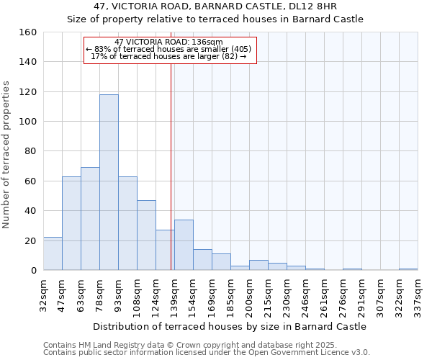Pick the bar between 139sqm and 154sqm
pos(184,245)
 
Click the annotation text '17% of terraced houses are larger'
pos(169,56)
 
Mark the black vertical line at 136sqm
pos(171,166)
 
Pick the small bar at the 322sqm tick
pos(408,269)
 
